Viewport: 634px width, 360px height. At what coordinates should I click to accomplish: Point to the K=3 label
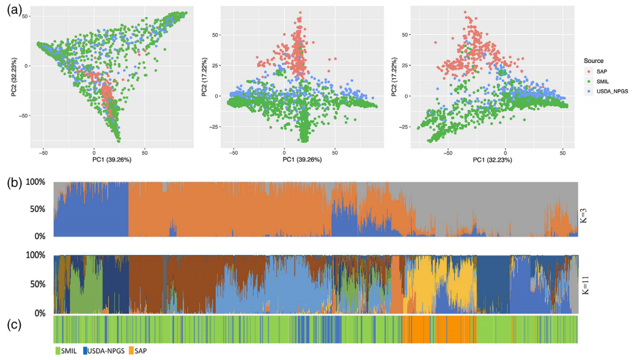[585, 209]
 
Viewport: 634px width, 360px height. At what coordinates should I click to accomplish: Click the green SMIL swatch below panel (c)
[58, 351]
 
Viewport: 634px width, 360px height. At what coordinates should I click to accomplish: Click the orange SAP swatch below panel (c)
[131, 351]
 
